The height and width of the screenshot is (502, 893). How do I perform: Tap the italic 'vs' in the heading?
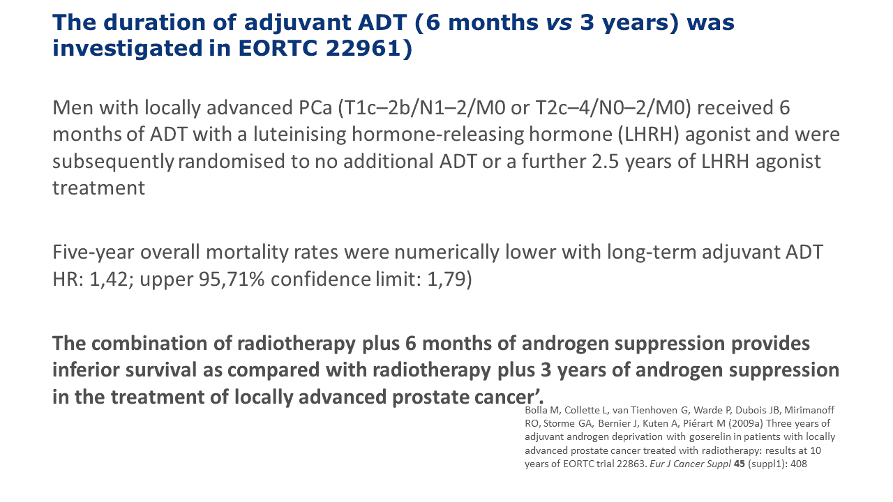(559, 23)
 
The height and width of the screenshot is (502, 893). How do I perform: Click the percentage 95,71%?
(231, 280)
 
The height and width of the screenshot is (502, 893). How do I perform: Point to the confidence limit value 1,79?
(446, 280)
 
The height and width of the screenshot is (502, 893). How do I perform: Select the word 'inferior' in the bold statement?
(85, 370)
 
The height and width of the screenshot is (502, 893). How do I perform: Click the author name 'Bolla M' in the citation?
(541, 411)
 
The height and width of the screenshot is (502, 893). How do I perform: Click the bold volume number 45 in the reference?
(739, 464)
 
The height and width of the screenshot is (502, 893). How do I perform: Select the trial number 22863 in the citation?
(632, 464)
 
